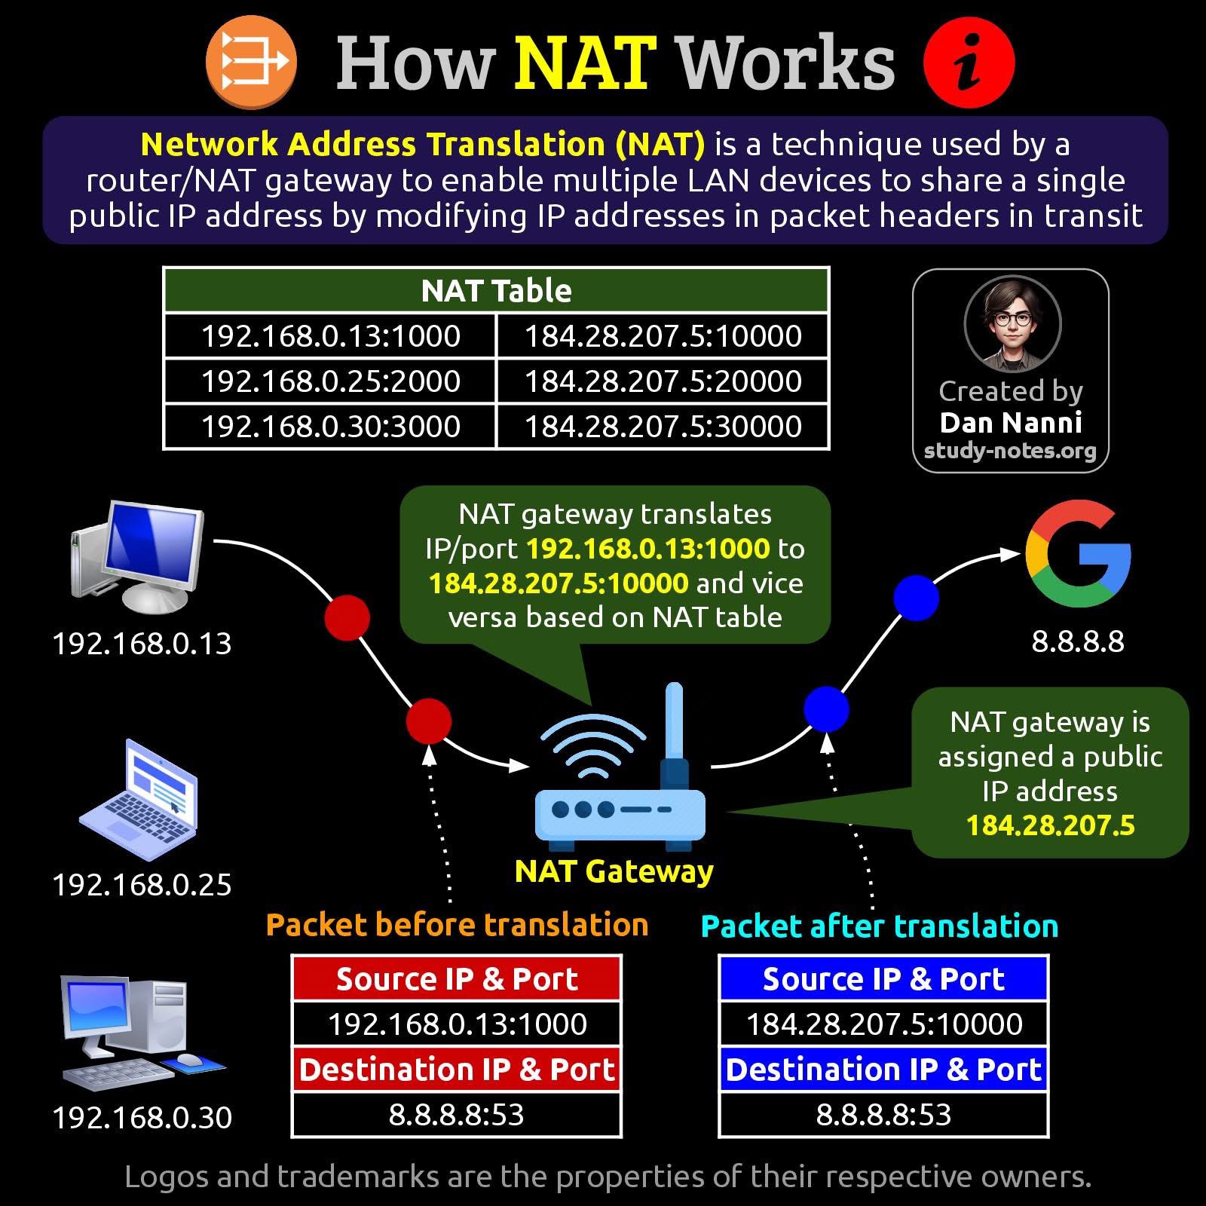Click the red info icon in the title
point(969,63)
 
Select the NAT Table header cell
point(496,290)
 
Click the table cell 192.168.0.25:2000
point(330,381)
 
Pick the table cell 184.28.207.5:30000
point(663,426)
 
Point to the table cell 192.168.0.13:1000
point(330,335)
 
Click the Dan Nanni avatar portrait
point(1012,323)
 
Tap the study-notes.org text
point(1010,451)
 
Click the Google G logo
point(1078,554)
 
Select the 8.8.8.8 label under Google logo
point(1078,641)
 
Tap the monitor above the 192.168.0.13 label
point(139,556)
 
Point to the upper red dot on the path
point(347,617)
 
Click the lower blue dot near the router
point(826,709)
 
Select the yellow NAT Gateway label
point(614,871)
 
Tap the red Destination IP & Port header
point(457,1069)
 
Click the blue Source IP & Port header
point(883,978)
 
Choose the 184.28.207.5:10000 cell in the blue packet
point(883,1024)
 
